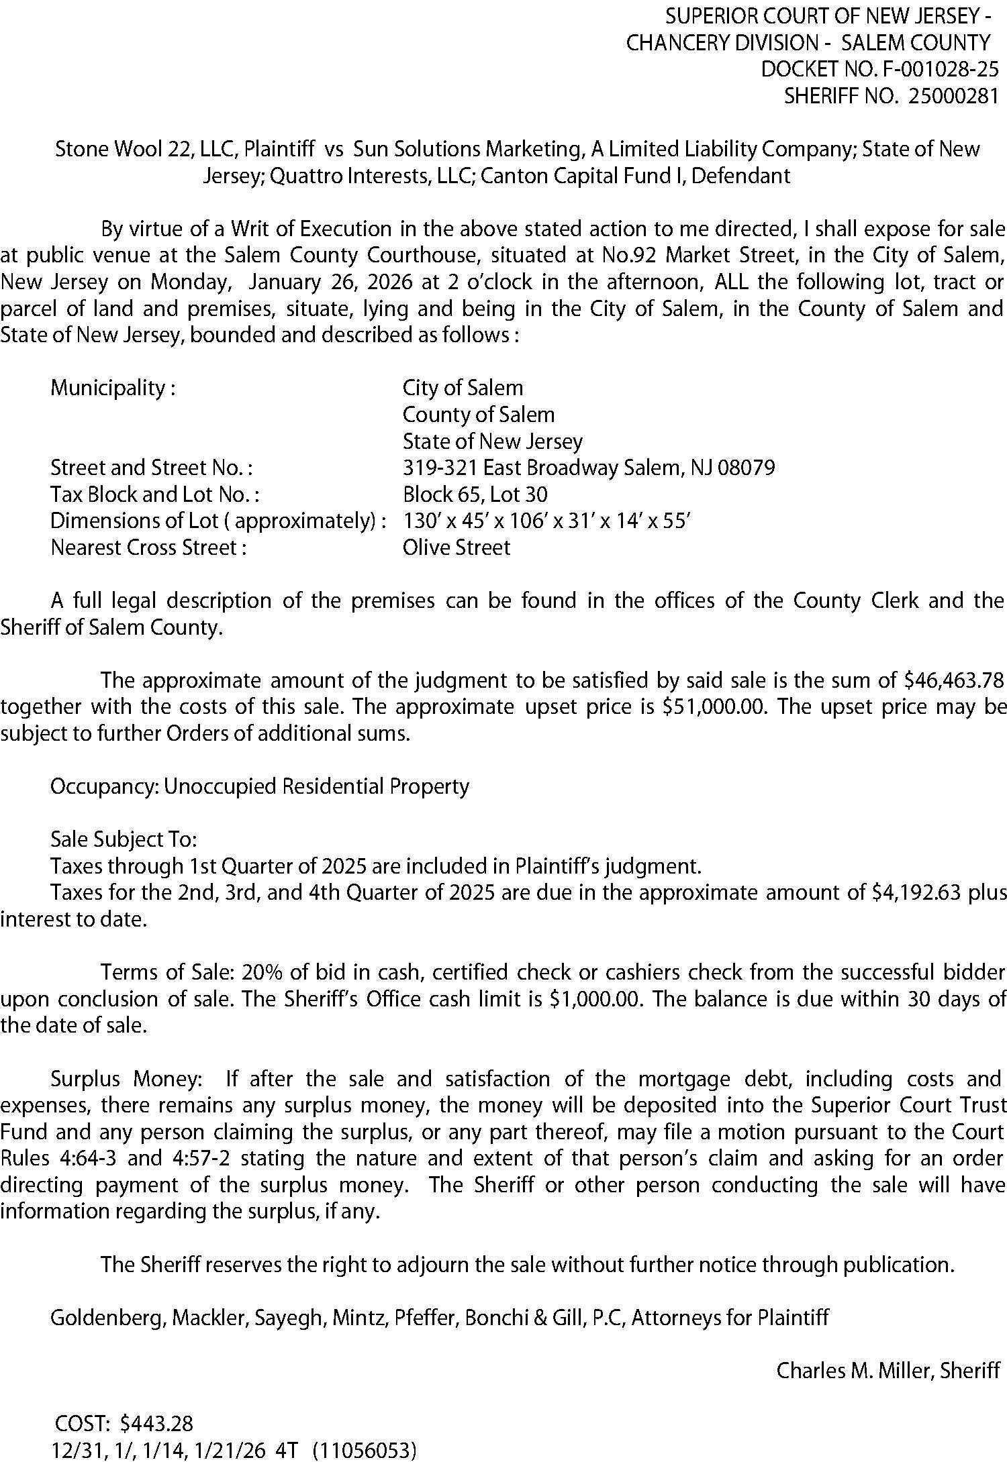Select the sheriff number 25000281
pos(953,97)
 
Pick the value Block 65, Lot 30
pos(475,494)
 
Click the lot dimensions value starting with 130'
pos(546,521)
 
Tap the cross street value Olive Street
pos(456,547)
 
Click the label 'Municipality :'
pos(113,388)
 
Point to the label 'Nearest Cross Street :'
pos(148,547)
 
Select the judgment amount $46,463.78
pos(951,680)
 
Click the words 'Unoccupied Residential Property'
pos(316,786)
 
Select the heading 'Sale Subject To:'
pos(124,839)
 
